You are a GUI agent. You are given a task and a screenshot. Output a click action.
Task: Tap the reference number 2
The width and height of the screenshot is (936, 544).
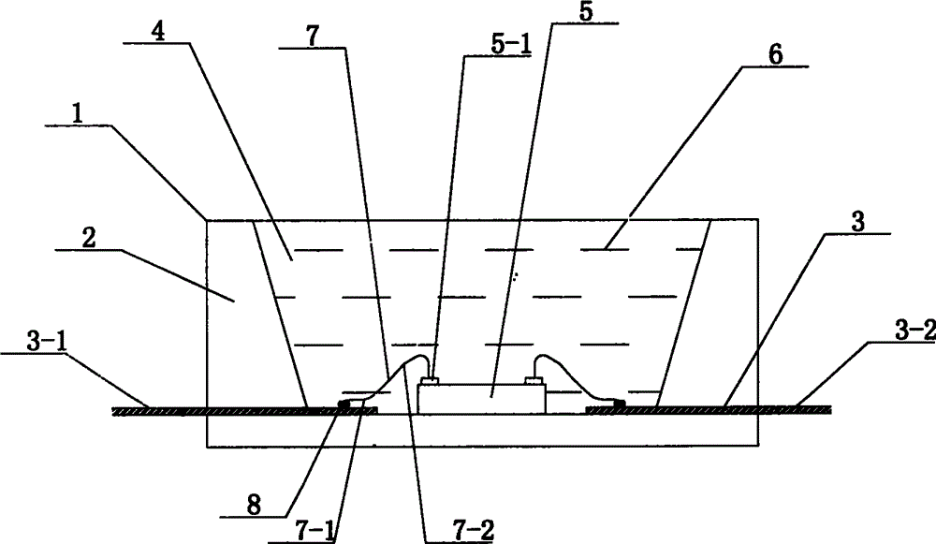click(x=91, y=237)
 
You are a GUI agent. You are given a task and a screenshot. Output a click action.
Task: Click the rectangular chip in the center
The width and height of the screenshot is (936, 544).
click(x=482, y=398)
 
